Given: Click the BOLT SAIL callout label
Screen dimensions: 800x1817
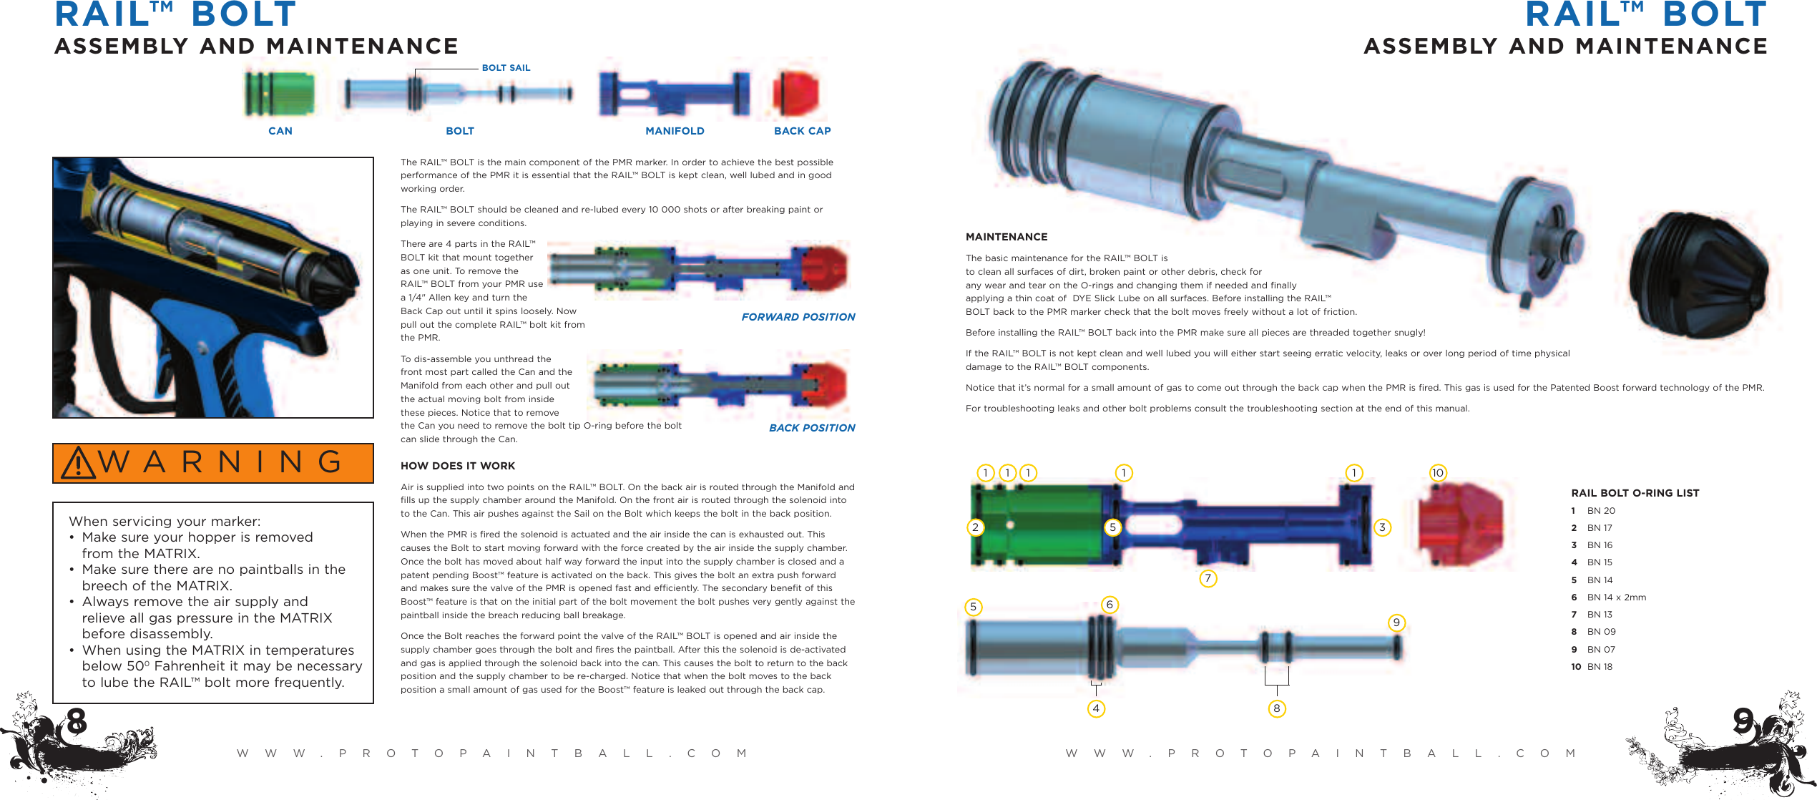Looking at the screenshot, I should click(x=506, y=68).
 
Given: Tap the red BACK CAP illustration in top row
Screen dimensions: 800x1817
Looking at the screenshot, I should click(x=795, y=94).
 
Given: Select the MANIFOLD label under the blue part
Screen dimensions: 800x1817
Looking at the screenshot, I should click(x=675, y=131).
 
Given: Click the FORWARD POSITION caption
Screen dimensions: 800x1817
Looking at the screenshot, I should click(x=798, y=317).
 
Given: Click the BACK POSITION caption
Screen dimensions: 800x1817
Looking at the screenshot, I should click(x=812, y=428).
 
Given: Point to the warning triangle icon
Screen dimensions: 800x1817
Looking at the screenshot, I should click(x=78, y=463).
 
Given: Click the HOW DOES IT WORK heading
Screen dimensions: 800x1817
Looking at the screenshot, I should click(x=458, y=466).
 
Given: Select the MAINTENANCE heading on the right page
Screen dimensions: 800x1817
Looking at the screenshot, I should click(x=1007, y=237).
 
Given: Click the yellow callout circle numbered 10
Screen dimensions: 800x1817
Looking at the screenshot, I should click(x=1438, y=473).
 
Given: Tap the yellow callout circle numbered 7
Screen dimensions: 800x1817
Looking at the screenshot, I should click(x=1208, y=578).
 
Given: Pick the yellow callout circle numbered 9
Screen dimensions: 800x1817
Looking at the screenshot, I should click(x=1396, y=623).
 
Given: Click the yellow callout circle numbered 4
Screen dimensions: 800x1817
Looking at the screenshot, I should click(x=1096, y=708).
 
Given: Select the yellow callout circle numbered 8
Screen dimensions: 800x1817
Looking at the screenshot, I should click(x=1277, y=708).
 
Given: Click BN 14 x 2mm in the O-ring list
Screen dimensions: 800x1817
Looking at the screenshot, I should click(x=1616, y=597).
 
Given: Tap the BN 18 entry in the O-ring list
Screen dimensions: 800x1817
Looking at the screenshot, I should click(x=1600, y=667).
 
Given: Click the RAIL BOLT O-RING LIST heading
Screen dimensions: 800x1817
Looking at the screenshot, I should click(x=1635, y=493).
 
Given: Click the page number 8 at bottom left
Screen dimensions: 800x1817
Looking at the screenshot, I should click(x=76, y=721).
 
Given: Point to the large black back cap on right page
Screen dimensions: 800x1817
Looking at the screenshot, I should click(x=1703, y=275).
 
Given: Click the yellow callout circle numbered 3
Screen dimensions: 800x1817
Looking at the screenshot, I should click(x=1382, y=527).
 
